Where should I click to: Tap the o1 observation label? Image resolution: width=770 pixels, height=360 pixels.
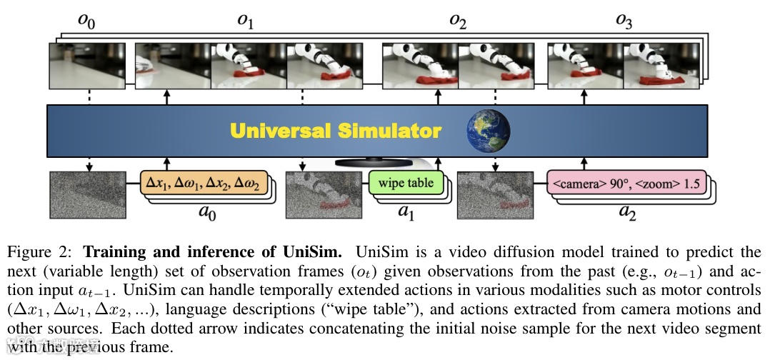(246, 21)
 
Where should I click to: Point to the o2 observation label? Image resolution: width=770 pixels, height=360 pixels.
(458, 21)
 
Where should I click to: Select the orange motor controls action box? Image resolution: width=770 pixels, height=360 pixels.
(203, 183)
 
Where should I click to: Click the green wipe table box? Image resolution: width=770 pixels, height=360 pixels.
(406, 183)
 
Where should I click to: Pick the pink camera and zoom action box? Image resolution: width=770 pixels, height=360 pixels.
(626, 183)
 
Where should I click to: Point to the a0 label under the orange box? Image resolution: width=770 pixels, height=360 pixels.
(206, 212)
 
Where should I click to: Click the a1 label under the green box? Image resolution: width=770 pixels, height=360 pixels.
(406, 212)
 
